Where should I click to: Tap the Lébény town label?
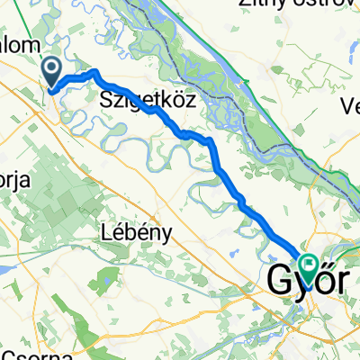[x=134, y=231]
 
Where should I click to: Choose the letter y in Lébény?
[x=166, y=233]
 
